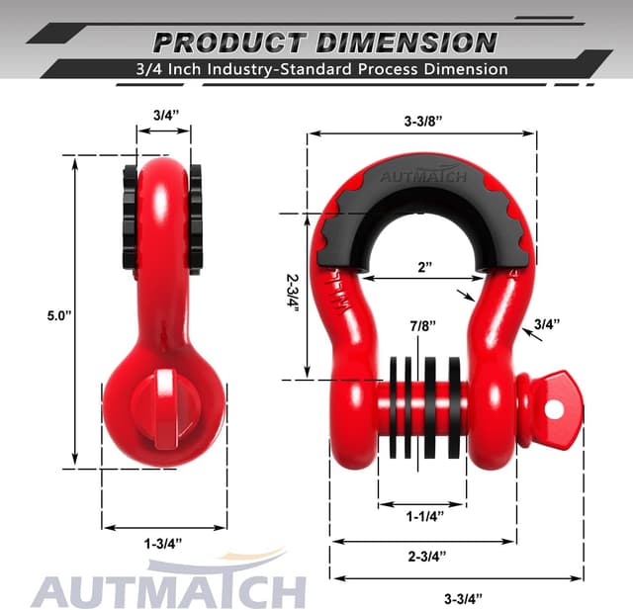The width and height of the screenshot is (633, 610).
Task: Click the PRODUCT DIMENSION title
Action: (x=325, y=42)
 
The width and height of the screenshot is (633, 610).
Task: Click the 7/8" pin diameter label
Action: (x=419, y=322)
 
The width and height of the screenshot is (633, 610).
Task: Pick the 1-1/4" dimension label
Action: (x=423, y=515)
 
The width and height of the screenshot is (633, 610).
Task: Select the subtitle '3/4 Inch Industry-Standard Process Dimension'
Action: (x=324, y=69)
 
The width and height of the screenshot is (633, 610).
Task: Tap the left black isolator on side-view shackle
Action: (x=129, y=218)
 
